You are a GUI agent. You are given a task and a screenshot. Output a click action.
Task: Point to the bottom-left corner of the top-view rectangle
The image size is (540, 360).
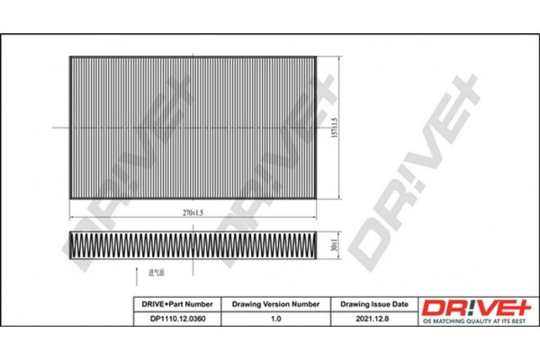pyautogui.click(x=70, y=196)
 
